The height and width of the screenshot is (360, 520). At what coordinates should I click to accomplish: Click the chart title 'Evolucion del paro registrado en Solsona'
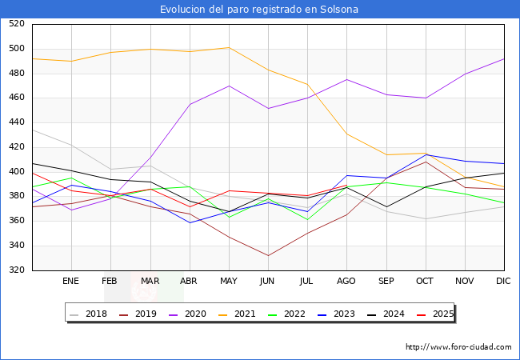[259, 10]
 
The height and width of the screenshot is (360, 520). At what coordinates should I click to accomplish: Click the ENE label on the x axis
[71, 282]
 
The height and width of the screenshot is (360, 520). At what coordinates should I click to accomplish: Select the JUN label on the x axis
[267, 282]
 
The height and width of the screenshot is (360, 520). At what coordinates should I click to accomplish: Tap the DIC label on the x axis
[503, 282]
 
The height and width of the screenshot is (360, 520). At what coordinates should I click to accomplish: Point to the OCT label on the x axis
[425, 282]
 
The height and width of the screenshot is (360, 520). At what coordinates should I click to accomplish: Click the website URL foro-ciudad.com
[458, 347]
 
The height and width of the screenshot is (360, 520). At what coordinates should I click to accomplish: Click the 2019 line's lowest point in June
[267, 256]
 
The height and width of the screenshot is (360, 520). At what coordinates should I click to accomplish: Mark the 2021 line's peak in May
[228, 47]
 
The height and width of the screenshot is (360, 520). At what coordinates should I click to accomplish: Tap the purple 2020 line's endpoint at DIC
[503, 58]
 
